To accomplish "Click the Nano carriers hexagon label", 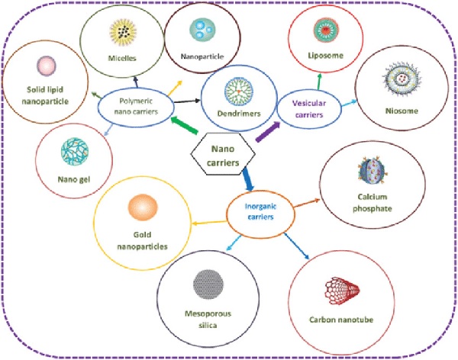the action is (223, 156).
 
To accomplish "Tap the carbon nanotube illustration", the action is (342, 291).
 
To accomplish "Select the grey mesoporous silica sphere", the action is (208, 284).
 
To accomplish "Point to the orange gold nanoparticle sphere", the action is (143, 207).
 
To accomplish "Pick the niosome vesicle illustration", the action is (402, 79).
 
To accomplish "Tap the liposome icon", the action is (326, 30).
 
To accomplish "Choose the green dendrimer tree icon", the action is (239, 92).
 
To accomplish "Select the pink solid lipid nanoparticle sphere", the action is (46, 66).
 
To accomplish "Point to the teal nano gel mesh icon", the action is (75, 152).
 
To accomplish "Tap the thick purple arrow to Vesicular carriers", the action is (268, 132).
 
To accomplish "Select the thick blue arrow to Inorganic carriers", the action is (248, 179).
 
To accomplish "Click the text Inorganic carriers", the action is (260, 212).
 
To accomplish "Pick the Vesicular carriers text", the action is (309, 108).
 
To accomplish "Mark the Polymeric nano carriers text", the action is (136, 106).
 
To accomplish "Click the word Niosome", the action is (402, 111).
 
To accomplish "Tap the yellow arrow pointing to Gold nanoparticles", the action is (209, 223).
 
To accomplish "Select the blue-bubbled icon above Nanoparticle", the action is (202, 29).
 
